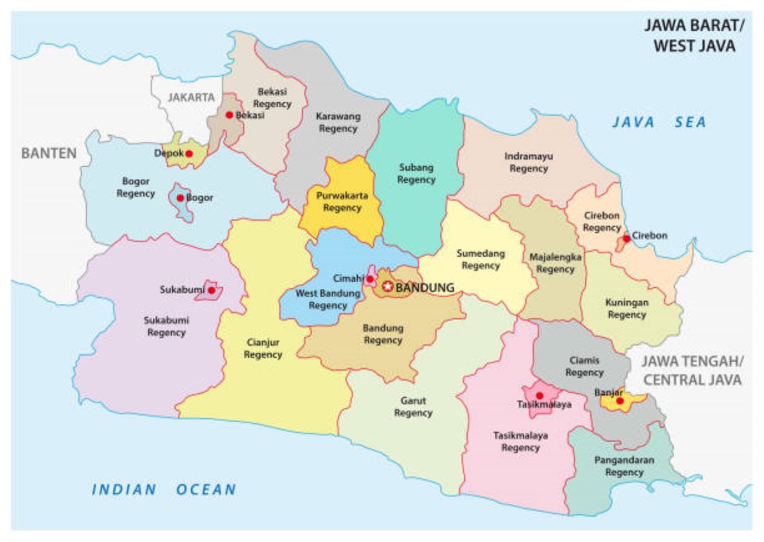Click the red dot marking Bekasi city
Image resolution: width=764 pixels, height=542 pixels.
point(229,115)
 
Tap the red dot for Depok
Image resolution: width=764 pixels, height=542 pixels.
point(189,154)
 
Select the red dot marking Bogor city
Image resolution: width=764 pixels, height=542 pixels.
point(180,198)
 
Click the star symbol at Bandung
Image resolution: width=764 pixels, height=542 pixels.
point(388,286)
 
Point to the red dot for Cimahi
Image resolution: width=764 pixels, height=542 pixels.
point(370,279)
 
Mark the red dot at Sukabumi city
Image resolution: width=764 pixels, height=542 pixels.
point(210,290)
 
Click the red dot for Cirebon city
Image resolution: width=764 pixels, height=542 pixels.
point(626,238)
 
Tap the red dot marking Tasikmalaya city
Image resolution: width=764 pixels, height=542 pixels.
point(540,395)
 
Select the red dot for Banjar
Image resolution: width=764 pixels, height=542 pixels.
point(620,401)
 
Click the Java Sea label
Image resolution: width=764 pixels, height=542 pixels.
point(658,123)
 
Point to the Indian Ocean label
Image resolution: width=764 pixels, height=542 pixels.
point(164,490)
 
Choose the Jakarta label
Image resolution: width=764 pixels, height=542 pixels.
point(191,97)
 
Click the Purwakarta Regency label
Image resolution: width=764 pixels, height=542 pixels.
point(342,202)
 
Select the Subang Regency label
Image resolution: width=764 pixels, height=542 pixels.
point(416,174)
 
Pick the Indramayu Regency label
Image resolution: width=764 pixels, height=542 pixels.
point(529,163)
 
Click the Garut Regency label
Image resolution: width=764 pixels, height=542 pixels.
point(413,407)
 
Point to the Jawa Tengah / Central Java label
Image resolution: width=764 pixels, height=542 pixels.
point(692,370)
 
